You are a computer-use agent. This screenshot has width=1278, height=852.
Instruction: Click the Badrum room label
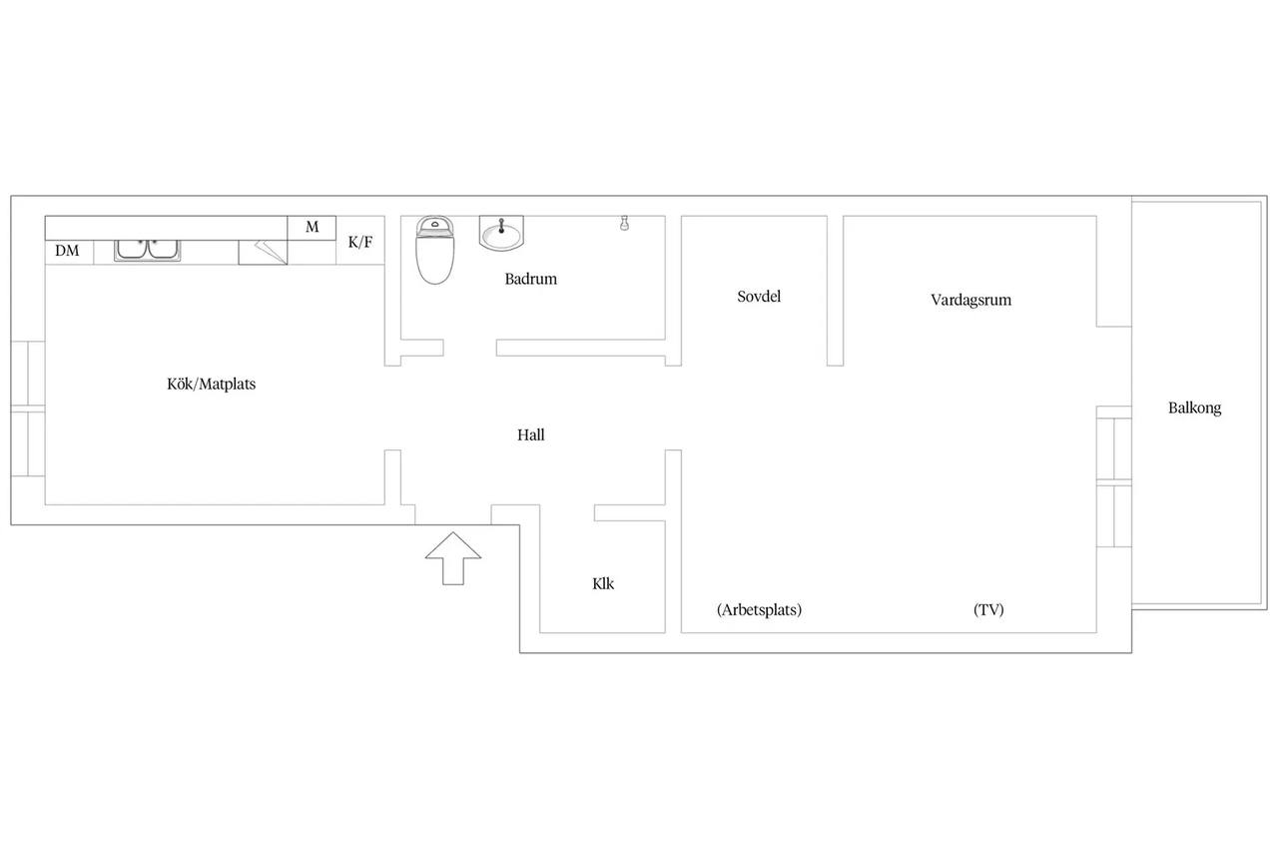(530, 279)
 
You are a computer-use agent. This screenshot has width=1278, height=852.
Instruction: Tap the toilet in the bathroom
(434, 250)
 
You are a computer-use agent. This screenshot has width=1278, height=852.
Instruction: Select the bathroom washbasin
(501, 233)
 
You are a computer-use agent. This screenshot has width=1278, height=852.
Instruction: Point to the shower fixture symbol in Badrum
(625, 223)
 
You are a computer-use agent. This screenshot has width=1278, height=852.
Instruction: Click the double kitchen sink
(147, 251)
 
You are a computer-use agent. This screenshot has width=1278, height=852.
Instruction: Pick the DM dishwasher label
(67, 251)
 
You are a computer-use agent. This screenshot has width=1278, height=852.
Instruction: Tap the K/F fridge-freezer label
(360, 242)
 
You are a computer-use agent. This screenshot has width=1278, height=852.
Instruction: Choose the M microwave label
(313, 227)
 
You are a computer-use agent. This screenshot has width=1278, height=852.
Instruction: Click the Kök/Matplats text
(211, 385)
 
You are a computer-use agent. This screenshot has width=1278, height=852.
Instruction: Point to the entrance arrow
(453, 558)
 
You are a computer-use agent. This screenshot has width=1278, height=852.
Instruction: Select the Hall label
(530, 435)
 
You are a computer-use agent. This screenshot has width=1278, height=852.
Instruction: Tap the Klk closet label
(603, 583)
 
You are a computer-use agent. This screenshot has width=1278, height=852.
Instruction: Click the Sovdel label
(759, 297)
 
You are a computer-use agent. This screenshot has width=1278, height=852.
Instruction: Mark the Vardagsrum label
(971, 301)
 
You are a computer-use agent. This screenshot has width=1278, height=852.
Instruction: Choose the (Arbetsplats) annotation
(760, 610)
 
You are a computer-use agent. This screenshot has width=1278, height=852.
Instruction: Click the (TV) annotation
(988, 610)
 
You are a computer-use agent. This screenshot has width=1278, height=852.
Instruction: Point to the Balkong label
(1195, 409)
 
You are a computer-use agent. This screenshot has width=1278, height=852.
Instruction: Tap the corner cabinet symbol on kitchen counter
(263, 253)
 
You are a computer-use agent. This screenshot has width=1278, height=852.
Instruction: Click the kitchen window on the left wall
(28, 409)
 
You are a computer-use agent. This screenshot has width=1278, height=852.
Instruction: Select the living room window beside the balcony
(1114, 482)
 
